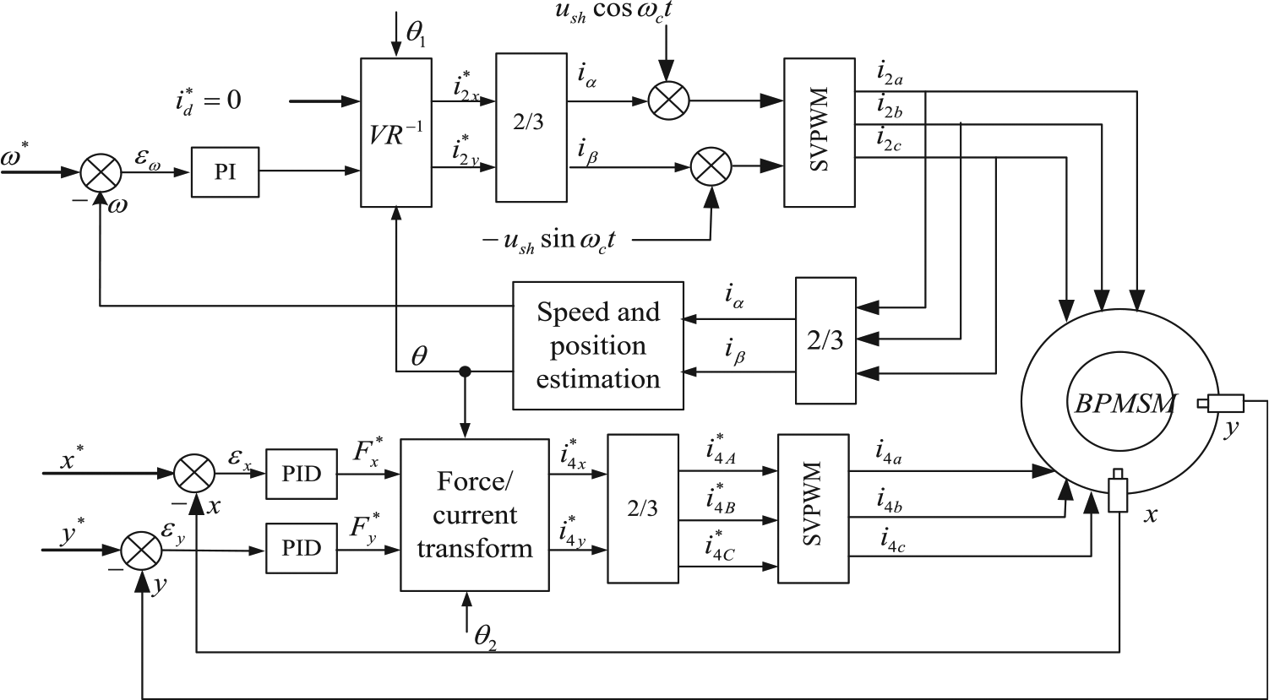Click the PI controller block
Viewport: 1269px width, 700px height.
tap(225, 172)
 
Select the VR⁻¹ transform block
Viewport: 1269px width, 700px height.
tap(396, 133)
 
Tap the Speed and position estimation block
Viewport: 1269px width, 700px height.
tap(597, 345)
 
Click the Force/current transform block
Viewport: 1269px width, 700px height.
tap(475, 515)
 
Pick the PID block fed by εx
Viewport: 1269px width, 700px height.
tap(302, 474)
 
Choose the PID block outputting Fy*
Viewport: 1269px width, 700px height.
tap(302, 548)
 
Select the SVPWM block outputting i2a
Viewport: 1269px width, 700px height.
tap(820, 132)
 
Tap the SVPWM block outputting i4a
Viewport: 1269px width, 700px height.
tap(813, 508)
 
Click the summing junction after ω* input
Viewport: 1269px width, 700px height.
tap(101, 172)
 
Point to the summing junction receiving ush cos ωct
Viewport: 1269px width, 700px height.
tap(668, 101)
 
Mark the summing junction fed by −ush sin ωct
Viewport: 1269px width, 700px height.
tap(711, 167)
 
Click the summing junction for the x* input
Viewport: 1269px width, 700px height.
tap(193, 474)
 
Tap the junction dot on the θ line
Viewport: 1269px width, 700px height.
tap(466, 372)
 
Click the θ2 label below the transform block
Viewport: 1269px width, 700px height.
tap(486, 639)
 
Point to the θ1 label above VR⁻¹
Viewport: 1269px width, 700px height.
tap(417, 35)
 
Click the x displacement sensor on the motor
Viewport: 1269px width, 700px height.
tap(1118, 490)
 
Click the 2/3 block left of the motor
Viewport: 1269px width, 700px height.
tap(825, 340)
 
